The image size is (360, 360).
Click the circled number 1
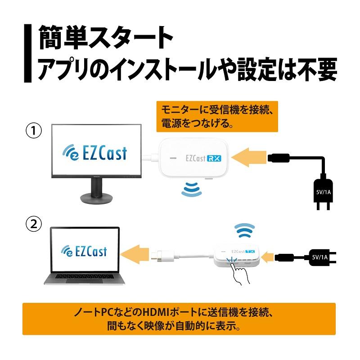pos(33,132)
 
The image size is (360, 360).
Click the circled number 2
pos(33,224)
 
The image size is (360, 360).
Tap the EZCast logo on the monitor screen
pos(95,153)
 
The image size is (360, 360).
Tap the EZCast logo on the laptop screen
pos(84,250)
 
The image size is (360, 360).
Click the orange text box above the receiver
pos(217,116)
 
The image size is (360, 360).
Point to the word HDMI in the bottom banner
pos(148,312)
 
